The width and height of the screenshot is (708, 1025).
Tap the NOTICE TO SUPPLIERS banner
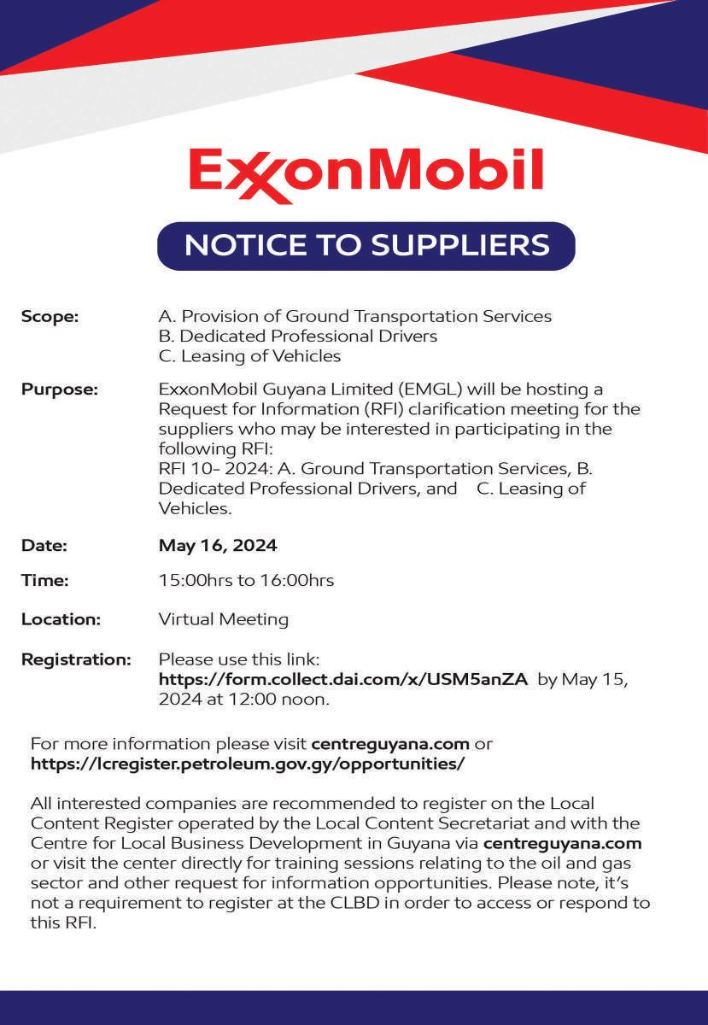point(366,246)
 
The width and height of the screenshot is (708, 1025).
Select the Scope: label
point(50,316)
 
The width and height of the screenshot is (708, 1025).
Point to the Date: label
point(44,545)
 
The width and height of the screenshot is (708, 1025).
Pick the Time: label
point(44,580)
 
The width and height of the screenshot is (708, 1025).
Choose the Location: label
point(61,618)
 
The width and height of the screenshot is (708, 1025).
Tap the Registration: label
point(76,659)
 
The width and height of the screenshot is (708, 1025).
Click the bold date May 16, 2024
point(218,545)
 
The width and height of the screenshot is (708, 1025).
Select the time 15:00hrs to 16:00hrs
point(246,580)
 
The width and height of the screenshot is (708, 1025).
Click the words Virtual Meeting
point(224,618)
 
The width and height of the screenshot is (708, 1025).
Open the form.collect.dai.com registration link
point(343,680)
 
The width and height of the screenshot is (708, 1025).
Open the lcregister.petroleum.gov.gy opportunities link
point(248,764)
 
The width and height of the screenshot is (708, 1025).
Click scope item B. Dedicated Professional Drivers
point(298,336)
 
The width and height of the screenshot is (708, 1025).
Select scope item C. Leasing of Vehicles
point(249,355)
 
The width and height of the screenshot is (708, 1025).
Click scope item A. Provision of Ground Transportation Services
point(355,316)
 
